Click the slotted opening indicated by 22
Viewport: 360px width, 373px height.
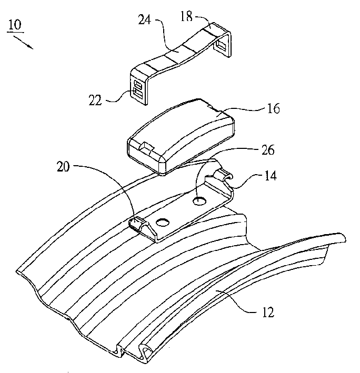(x=138, y=88)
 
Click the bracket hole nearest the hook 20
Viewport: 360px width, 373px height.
(x=162, y=223)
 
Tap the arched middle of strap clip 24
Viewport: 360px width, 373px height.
(x=174, y=58)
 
